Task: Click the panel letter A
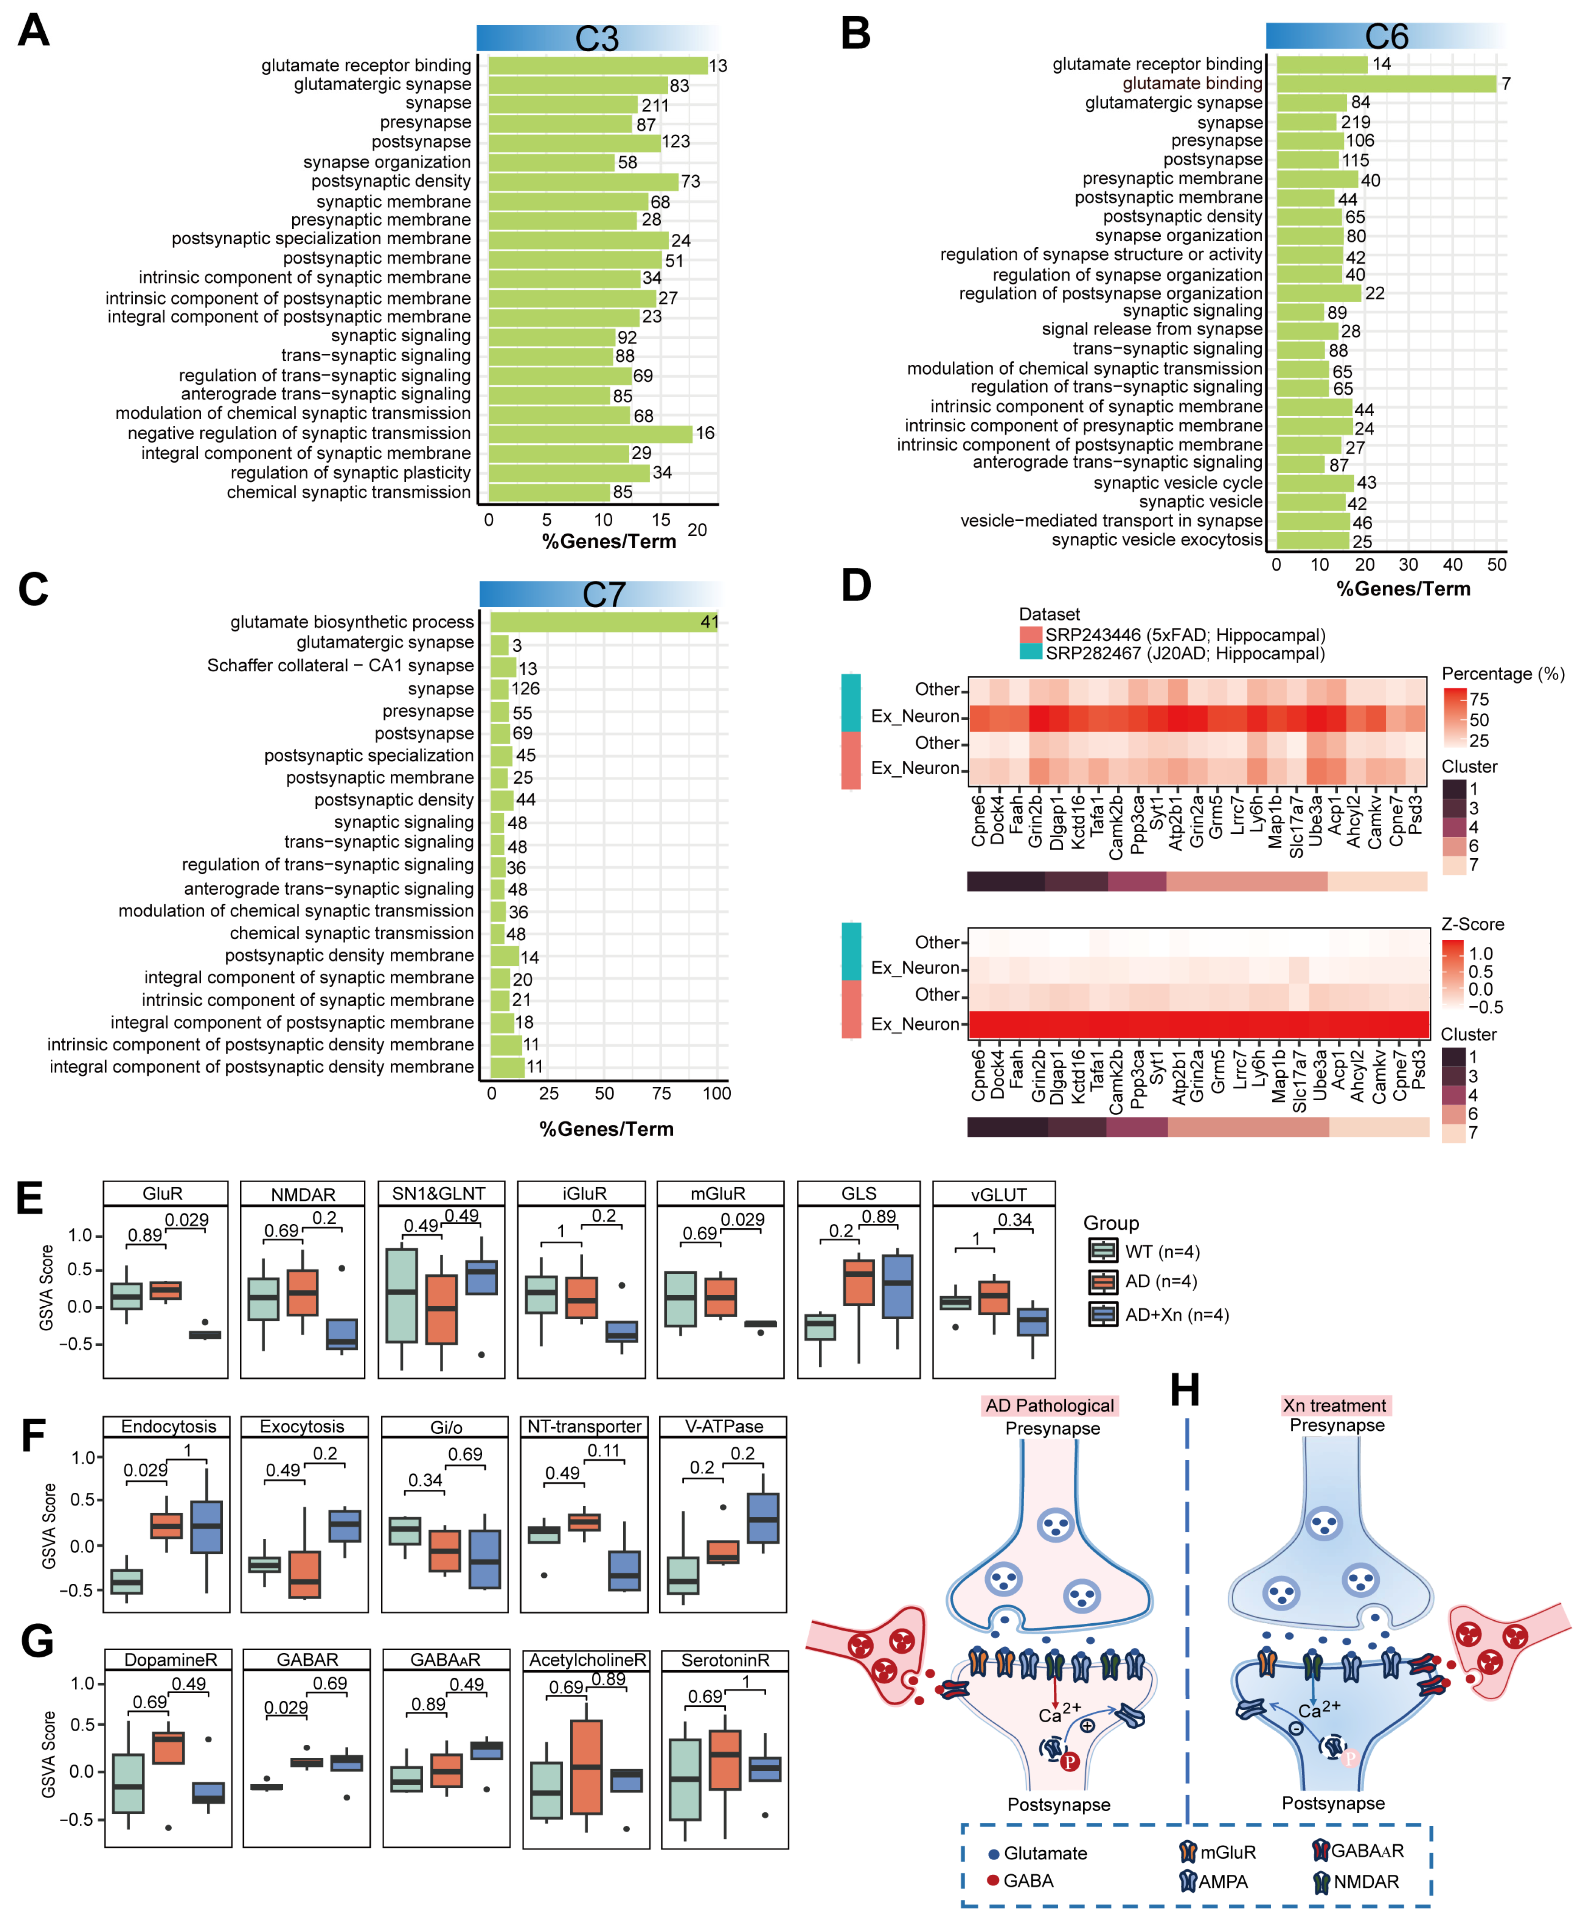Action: [34, 31]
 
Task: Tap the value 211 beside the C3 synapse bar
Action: [655, 105]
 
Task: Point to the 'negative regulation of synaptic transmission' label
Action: [299, 433]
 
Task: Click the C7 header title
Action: [604, 595]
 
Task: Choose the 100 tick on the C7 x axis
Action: [716, 1093]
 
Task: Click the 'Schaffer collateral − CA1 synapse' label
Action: [340, 665]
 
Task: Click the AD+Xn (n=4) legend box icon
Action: [1103, 1315]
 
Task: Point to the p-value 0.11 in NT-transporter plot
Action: [604, 1451]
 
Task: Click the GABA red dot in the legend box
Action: [993, 1880]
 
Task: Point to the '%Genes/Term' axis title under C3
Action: [609, 542]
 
